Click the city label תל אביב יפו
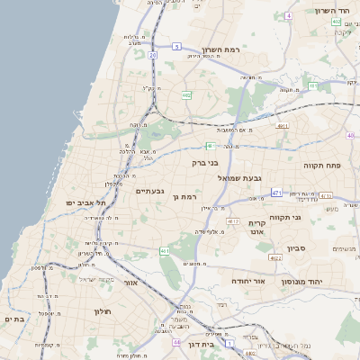pos(85,203)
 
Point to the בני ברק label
pos(206,164)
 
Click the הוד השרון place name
pos(337,11)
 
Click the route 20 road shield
pos(153,56)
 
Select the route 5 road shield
pos(177,46)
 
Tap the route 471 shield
pos(276,193)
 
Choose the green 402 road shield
pos(336,22)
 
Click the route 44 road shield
pos(176,343)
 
